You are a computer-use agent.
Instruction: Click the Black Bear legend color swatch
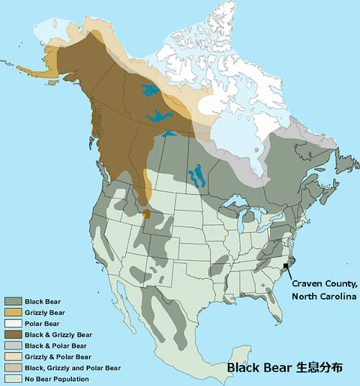13,301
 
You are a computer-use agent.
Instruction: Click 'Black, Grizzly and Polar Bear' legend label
72,368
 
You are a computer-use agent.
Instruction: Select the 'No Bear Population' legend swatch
13,379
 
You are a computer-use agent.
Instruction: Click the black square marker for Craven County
286,266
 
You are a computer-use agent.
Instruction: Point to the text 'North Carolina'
325,297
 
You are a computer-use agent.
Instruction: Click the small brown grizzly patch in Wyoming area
146,214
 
